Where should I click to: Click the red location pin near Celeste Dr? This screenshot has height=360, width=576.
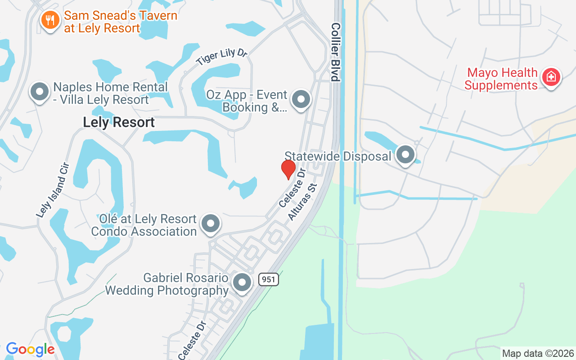(x=288, y=169)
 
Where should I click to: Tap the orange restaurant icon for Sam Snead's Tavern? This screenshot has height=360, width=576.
(x=50, y=20)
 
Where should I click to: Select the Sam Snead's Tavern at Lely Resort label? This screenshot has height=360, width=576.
(x=121, y=22)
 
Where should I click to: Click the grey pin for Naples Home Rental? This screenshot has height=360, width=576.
(x=40, y=91)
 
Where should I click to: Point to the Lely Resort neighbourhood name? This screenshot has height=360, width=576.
(x=119, y=122)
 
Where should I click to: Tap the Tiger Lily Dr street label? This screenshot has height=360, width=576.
(x=221, y=58)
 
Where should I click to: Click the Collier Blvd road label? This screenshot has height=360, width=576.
(x=335, y=52)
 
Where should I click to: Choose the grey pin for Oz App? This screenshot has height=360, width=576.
(x=301, y=99)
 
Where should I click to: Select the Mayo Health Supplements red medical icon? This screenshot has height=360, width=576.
(x=551, y=77)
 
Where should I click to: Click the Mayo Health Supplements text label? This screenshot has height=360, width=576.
(x=501, y=79)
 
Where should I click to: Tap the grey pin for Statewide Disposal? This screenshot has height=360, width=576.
(x=406, y=155)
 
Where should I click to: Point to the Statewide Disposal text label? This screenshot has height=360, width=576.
(x=338, y=156)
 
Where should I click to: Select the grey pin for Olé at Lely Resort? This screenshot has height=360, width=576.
(x=210, y=223)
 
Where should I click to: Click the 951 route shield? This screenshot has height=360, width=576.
(x=269, y=279)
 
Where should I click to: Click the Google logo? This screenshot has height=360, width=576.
(x=31, y=349)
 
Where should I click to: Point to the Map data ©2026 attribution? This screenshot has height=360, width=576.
(x=538, y=353)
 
